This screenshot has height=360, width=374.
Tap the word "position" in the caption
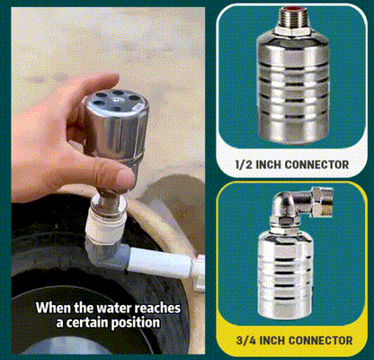pyautogui.click(x=137, y=323)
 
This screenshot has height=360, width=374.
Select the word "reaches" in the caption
pyautogui.click(x=163, y=306)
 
